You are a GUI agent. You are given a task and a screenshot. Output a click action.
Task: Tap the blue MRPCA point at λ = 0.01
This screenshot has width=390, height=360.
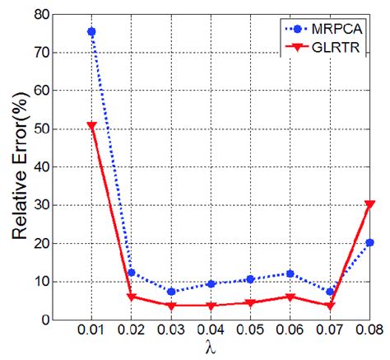pos(91,31)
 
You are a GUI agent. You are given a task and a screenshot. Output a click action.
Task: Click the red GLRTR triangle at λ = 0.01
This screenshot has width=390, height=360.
pos(91,126)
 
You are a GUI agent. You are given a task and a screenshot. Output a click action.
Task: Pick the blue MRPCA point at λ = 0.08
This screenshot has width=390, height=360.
pos(369,242)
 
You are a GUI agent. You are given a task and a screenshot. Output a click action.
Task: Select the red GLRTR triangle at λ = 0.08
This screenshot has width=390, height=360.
pos(369,204)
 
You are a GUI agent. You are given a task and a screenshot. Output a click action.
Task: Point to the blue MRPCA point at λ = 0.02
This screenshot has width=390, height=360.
pos(131,273)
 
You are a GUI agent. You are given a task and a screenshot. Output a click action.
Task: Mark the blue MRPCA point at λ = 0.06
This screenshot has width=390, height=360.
pos(290,274)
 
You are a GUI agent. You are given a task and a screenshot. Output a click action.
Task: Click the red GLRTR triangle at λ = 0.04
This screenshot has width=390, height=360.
pos(211,306)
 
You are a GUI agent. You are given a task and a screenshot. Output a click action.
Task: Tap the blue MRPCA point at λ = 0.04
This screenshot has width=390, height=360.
pos(211,283)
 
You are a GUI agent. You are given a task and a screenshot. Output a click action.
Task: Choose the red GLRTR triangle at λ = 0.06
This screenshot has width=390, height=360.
pos(290,297)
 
